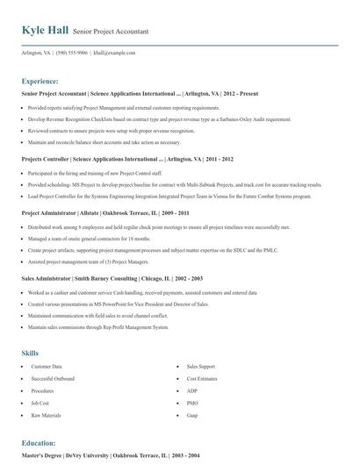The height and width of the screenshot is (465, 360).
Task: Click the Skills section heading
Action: [30, 353]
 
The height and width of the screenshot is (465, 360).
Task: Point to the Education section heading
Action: [39, 443]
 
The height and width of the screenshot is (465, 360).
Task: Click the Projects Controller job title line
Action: [127, 160]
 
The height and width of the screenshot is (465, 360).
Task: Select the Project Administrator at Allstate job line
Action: [104, 213]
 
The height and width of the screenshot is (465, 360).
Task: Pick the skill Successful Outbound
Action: [54, 378]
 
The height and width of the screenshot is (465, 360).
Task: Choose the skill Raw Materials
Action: [46, 414]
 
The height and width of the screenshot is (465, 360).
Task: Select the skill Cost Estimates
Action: [202, 378]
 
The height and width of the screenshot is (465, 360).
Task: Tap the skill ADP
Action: [191, 390]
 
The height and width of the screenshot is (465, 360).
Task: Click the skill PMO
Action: [192, 403]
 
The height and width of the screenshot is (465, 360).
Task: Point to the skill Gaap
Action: [192, 414]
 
